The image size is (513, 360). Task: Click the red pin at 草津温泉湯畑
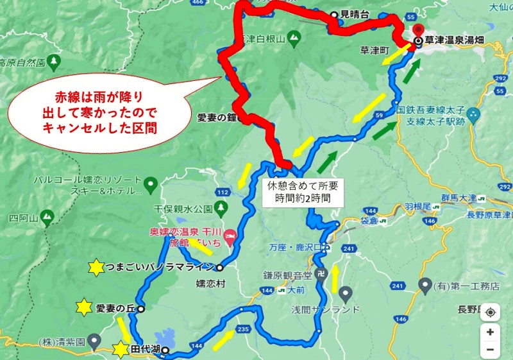tap(418, 31)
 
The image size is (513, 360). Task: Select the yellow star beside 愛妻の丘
tap(83, 307)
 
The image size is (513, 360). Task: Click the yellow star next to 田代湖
tap(120, 350)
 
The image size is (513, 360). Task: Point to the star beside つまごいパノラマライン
tap(96, 267)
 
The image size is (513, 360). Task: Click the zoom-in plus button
tap(490, 332)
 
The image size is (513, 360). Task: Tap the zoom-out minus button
tap(490, 350)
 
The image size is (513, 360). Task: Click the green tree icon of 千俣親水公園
tap(221, 207)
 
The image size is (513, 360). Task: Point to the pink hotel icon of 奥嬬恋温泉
tap(233, 237)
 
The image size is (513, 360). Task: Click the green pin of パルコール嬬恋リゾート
tap(150, 185)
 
